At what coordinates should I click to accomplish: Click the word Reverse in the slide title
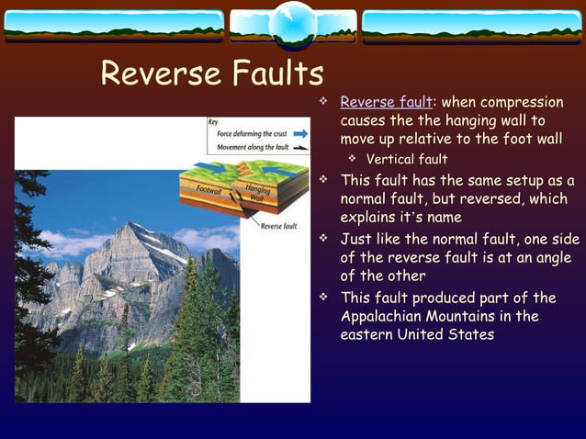(x=157, y=73)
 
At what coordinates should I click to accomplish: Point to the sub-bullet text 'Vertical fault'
(x=407, y=160)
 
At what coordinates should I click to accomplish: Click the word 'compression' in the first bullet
(x=516, y=102)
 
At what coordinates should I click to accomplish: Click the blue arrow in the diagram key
(x=300, y=133)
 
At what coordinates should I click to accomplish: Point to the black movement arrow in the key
(x=300, y=147)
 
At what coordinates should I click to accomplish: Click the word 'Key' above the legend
(x=213, y=121)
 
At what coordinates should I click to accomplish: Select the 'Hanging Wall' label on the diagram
(x=256, y=193)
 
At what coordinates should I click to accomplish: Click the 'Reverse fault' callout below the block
(x=278, y=226)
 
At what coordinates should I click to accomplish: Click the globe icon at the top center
(x=293, y=25)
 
